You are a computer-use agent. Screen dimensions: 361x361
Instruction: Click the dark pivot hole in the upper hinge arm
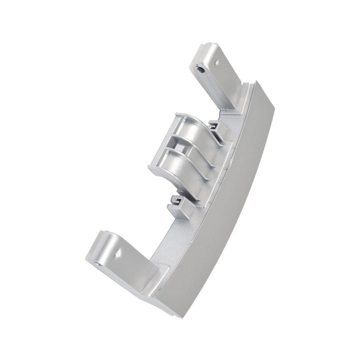(x=201, y=69)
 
